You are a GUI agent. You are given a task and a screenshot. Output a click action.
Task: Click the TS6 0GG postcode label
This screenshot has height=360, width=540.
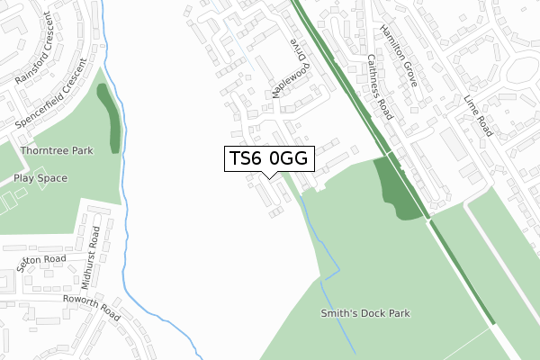pos(268,158)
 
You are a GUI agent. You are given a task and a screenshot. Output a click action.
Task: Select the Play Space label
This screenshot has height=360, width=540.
pos(40,178)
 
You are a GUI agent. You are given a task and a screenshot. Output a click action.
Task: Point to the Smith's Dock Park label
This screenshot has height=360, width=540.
pos(365,314)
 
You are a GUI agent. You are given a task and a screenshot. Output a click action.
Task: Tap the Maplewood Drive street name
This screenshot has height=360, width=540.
pos(289,69)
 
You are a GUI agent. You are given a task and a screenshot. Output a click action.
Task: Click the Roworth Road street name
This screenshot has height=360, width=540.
pos(91,306)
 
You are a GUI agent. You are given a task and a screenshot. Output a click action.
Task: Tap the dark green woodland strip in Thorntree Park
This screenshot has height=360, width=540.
pos(112,118)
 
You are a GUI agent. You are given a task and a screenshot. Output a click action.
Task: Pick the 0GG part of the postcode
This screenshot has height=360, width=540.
pos(289,158)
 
